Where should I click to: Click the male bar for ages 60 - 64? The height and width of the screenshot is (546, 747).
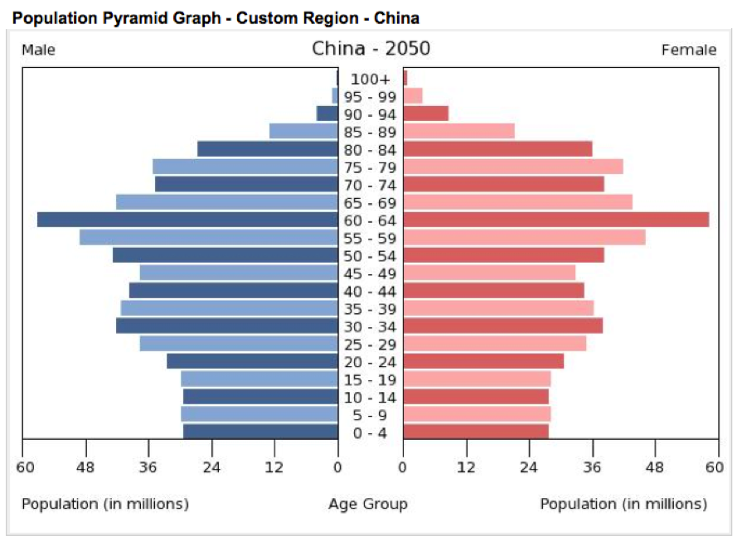[187, 220]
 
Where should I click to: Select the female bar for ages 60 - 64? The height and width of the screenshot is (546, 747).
[555, 220]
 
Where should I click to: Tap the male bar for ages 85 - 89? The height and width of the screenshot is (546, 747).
[303, 131]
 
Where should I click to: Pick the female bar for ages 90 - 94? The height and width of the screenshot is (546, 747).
[425, 114]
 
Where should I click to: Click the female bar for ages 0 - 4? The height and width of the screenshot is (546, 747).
[476, 432]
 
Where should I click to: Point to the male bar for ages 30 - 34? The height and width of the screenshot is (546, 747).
[226, 326]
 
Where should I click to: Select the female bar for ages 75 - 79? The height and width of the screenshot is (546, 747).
[512, 167]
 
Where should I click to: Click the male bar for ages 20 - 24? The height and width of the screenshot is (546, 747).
[252, 361]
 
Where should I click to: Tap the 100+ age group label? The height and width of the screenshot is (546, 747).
[370, 79]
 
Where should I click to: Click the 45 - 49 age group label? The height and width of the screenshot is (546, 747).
[370, 273]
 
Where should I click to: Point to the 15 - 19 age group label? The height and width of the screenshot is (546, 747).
[370, 379]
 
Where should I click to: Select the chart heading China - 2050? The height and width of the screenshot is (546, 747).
[371, 48]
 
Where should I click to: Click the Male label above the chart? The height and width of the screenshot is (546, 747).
[39, 50]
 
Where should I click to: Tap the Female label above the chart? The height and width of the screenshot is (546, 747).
[688, 50]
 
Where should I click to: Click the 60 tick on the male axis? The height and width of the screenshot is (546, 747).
[26, 467]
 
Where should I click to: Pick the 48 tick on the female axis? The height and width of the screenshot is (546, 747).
[655, 467]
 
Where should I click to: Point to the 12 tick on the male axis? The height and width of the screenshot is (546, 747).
[274, 467]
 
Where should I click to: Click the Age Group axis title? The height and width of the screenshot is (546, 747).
[367, 504]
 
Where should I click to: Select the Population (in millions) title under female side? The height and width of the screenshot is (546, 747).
[623, 504]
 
